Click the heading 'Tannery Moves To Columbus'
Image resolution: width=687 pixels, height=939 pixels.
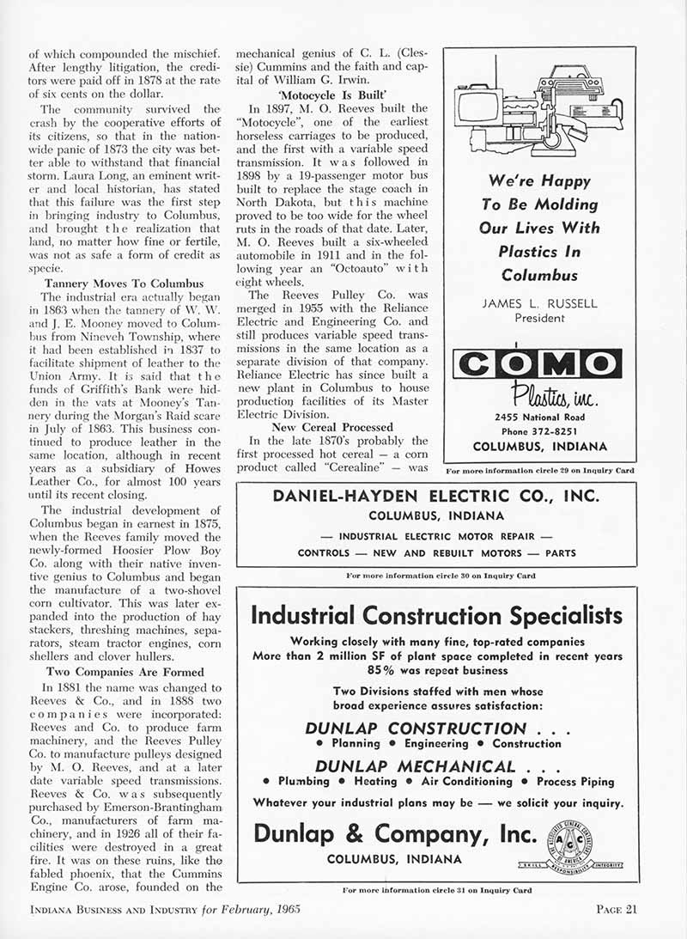click(124, 284)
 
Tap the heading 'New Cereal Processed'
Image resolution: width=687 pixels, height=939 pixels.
click(332, 427)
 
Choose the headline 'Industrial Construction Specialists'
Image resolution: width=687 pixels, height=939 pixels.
click(436, 615)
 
